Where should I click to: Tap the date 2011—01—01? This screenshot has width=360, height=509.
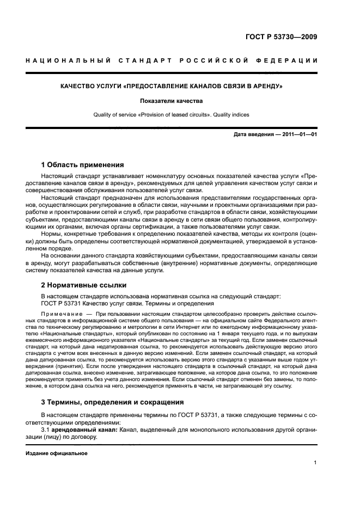coord(298,134)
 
